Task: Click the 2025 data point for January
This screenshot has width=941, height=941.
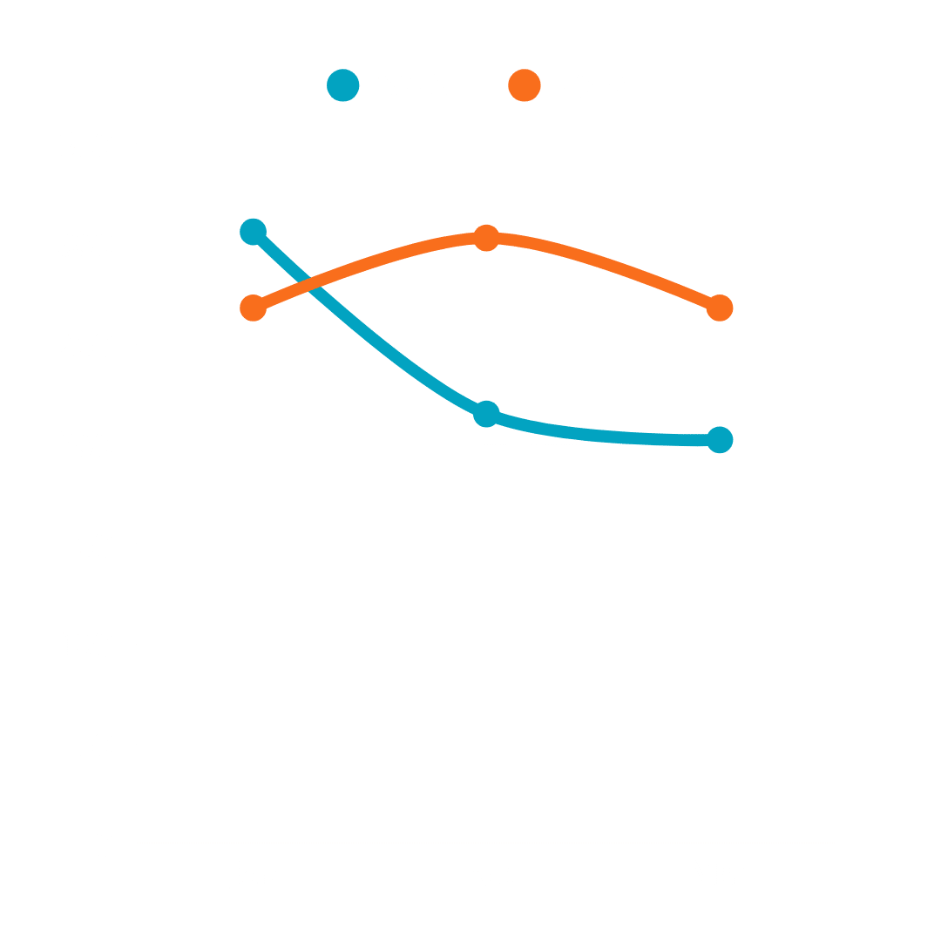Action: click(x=253, y=232)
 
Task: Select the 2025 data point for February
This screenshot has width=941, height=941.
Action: click(x=486, y=414)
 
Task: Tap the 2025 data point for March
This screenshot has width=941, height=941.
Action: click(x=720, y=439)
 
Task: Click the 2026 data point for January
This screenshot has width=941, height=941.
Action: click(x=253, y=308)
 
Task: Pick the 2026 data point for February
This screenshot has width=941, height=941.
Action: click(x=486, y=238)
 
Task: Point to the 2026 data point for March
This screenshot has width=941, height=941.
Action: click(x=720, y=308)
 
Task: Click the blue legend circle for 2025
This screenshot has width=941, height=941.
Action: click(x=343, y=85)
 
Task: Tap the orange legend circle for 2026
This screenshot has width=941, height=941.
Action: click(x=525, y=85)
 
